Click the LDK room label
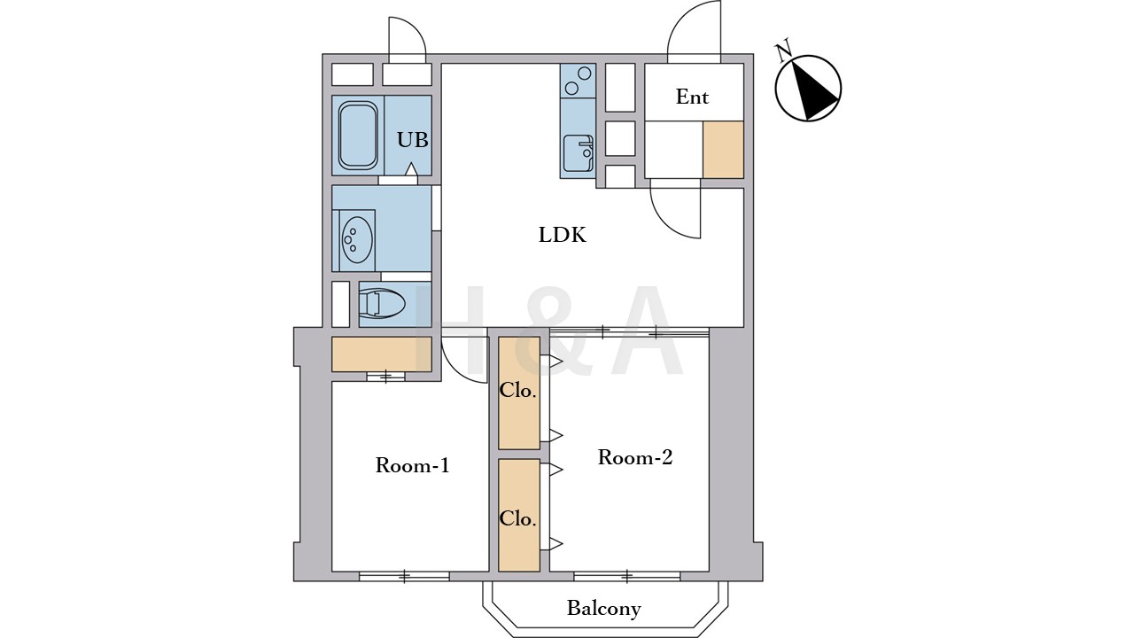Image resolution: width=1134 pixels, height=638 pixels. pos(563,236)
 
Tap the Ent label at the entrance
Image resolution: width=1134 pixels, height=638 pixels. pos(692,97)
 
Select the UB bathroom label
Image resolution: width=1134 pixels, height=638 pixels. pos(413,140)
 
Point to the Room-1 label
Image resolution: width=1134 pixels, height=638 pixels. pos(412,465)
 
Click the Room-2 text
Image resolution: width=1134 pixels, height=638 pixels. pos(635,457)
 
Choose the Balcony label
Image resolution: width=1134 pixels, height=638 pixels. pos(604,608)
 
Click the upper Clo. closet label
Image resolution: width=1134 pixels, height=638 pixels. pos(518,391)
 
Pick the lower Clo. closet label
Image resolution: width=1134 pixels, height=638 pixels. pos(518,519)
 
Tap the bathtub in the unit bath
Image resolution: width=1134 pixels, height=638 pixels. pos(358,136)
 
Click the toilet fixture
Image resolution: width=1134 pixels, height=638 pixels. pos(382,304)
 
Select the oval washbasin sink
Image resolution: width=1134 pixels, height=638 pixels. pos(357,240)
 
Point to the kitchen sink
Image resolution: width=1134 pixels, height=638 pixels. pos(579,153)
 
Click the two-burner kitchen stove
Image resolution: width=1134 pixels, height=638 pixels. pos(579,81)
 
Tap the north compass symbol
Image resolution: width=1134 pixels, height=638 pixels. pos(808,88)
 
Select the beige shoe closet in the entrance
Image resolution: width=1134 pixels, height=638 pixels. pos(723,150)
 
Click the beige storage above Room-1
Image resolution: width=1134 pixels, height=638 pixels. pos(382,354)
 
